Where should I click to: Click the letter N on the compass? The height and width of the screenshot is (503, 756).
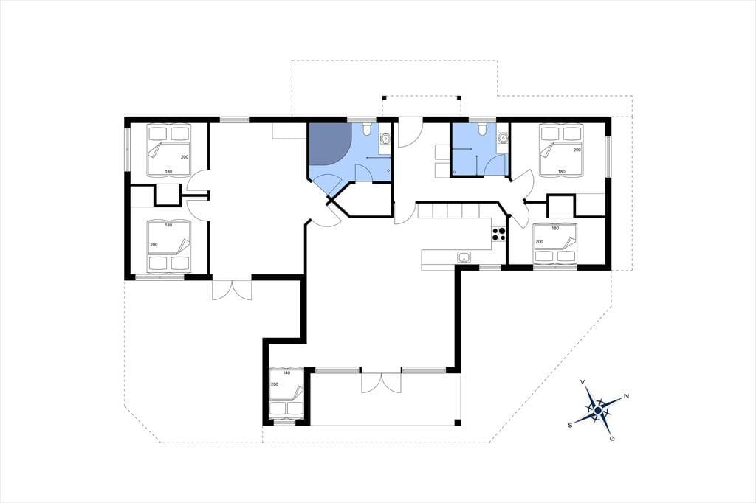coord(626,396)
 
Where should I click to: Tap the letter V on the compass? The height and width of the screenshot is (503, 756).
coord(583,382)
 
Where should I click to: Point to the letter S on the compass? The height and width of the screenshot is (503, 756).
coord(570,425)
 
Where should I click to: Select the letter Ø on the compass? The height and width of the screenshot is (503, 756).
coord(612,438)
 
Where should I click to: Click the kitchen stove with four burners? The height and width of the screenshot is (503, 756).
coord(498,234)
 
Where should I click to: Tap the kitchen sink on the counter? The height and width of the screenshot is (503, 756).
coord(464,257)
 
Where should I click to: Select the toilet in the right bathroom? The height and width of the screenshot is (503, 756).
coord(481,128)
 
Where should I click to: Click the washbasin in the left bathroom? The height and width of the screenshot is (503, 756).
coord(384,139)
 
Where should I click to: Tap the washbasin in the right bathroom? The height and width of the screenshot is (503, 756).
coord(503,138)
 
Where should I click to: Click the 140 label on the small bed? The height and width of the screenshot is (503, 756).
coord(286,373)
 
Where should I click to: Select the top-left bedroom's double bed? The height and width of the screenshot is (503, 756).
coord(168,150)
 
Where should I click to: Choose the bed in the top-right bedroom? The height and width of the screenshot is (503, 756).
coord(561,150)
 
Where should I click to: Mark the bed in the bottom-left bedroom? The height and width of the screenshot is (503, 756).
coord(168,246)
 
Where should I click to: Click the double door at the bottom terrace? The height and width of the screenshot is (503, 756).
coord(381,382)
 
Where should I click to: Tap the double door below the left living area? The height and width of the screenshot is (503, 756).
coord(232,290)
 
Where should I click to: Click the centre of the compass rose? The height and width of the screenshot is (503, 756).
coord(598,411)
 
